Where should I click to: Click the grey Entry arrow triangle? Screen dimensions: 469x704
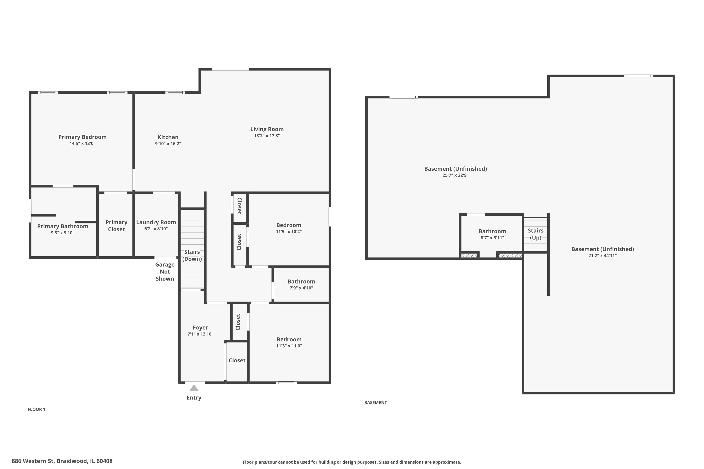click(194, 388)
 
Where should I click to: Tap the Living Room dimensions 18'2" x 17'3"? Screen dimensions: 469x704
click(267, 136)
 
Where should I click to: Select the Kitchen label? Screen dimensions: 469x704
click(168, 137)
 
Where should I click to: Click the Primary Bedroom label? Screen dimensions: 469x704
click(82, 137)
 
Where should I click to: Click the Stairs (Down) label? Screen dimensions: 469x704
click(192, 255)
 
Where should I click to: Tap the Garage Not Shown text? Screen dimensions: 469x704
click(165, 272)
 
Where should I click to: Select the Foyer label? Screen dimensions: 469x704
click(200, 328)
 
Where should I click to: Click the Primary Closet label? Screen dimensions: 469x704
click(116, 226)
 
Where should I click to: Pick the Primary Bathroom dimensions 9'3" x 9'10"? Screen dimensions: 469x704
click(63, 233)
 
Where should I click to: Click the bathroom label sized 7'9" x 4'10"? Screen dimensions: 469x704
click(301, 281)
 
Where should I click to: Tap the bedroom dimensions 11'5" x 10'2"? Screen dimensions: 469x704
click(289, 231)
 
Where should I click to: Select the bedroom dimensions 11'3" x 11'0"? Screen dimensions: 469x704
click(289, 346)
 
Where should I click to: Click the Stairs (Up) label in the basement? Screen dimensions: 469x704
click(536, 234)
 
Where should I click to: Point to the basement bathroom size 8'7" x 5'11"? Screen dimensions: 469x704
click(492, 238)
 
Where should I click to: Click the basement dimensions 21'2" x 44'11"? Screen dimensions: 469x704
click(602, 255)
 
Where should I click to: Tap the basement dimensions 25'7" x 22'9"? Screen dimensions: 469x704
click(455, 175)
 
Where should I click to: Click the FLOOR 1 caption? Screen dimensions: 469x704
click(36, 409)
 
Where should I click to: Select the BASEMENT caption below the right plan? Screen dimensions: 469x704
click(375, 403)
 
